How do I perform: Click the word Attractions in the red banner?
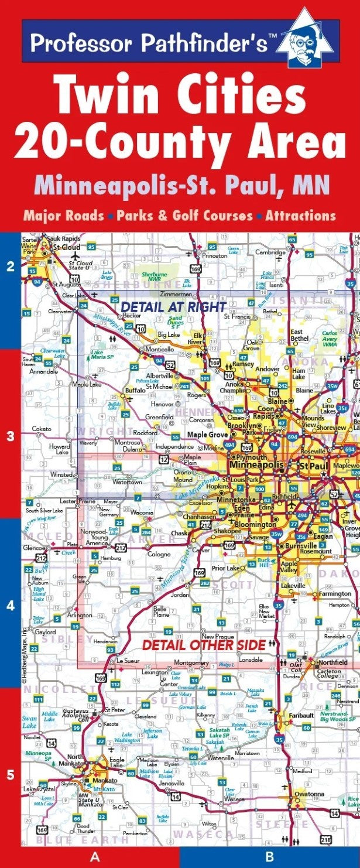click(300, 216)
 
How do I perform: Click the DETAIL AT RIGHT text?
click(173, 306)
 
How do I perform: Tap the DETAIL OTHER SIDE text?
click(204, 645)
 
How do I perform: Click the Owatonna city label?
click(310, 794)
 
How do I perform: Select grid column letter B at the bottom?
click(269, 857)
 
